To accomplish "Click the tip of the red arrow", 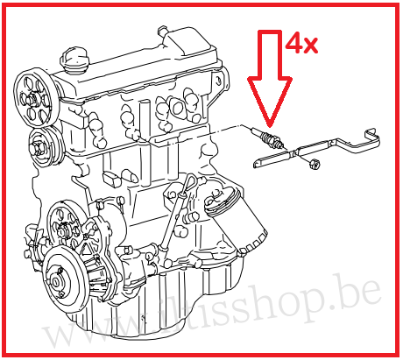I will [269, 123].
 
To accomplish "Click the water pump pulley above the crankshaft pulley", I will [66, 224].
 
